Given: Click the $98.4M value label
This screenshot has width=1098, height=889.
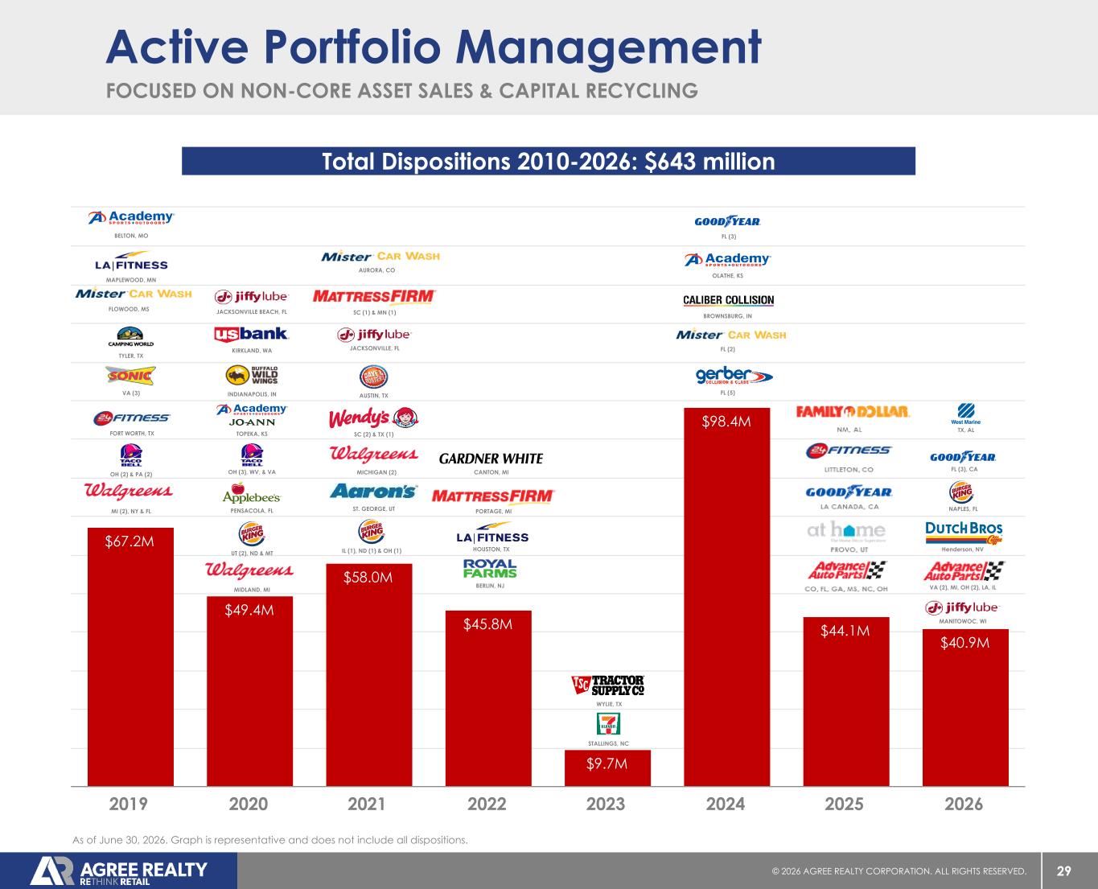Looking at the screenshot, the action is [726, 422].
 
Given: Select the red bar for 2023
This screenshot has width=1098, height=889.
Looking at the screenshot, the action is [607, 768].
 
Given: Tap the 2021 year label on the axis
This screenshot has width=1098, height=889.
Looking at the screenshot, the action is [367, 804].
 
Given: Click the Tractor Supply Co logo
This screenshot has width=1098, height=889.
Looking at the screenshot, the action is [608, 685].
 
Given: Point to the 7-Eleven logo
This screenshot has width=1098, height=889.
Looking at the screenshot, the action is [608, 723].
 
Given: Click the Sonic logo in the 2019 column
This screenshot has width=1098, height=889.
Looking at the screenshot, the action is [130, 376].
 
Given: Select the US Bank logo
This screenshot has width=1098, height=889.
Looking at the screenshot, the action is [251, 334].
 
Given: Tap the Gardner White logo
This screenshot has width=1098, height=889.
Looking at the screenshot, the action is [491, 459].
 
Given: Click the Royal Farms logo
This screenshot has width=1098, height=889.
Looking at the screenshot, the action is [490, 568].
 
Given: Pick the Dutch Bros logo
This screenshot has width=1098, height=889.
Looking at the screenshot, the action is [964, 533].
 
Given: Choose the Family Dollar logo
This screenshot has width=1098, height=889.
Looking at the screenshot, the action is [853, 411].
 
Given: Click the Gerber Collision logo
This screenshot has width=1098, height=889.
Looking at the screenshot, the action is [734, 375].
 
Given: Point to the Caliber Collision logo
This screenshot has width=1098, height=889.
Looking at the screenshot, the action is [729, 300].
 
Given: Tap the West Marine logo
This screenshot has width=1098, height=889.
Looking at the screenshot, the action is [965, 414].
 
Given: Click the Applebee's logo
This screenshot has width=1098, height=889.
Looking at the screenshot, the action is [251, 493].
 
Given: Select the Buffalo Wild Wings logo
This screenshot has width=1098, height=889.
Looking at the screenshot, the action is [252, 376].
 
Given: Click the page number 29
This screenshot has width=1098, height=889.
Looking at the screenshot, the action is [1064, 871].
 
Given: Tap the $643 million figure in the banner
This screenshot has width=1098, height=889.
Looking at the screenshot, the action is [709, 162].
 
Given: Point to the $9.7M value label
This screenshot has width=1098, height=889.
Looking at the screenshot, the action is [607, 763].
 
